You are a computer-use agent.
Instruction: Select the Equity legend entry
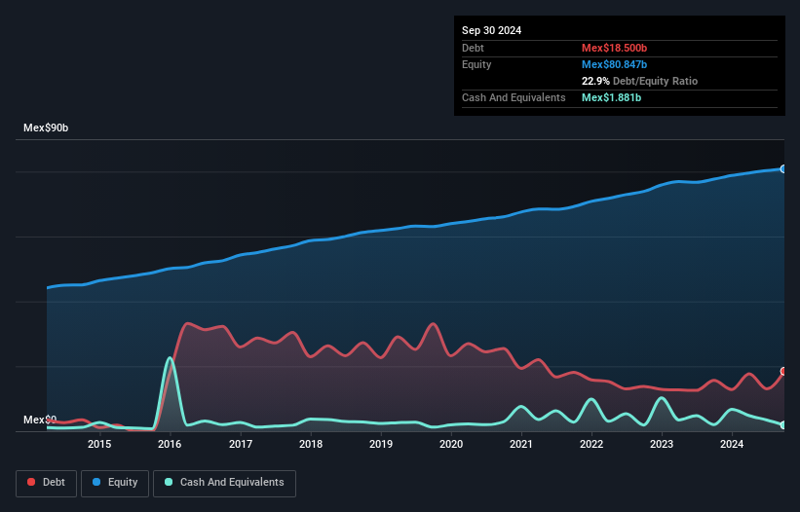(114, 482)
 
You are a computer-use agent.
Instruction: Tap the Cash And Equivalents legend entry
(223, 482)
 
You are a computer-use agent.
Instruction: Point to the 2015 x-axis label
(99, 445)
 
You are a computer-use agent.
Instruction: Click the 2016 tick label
(171, 445)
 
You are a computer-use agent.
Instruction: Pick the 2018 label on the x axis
(311, 445)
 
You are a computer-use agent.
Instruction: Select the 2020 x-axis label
(451, 445)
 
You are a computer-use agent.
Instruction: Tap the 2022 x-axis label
(591, 445)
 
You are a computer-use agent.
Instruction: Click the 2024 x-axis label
(732, 445)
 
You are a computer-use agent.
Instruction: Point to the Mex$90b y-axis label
(46, 128)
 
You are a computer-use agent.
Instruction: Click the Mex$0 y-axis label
(40, 420)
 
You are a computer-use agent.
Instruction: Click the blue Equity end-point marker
(782, 169)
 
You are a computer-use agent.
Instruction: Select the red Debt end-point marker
(782, 372)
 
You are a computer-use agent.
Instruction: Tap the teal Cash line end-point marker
(782, 425)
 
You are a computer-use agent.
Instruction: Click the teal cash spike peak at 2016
(171, 358)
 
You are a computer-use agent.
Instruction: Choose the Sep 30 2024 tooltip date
(491, 30)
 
